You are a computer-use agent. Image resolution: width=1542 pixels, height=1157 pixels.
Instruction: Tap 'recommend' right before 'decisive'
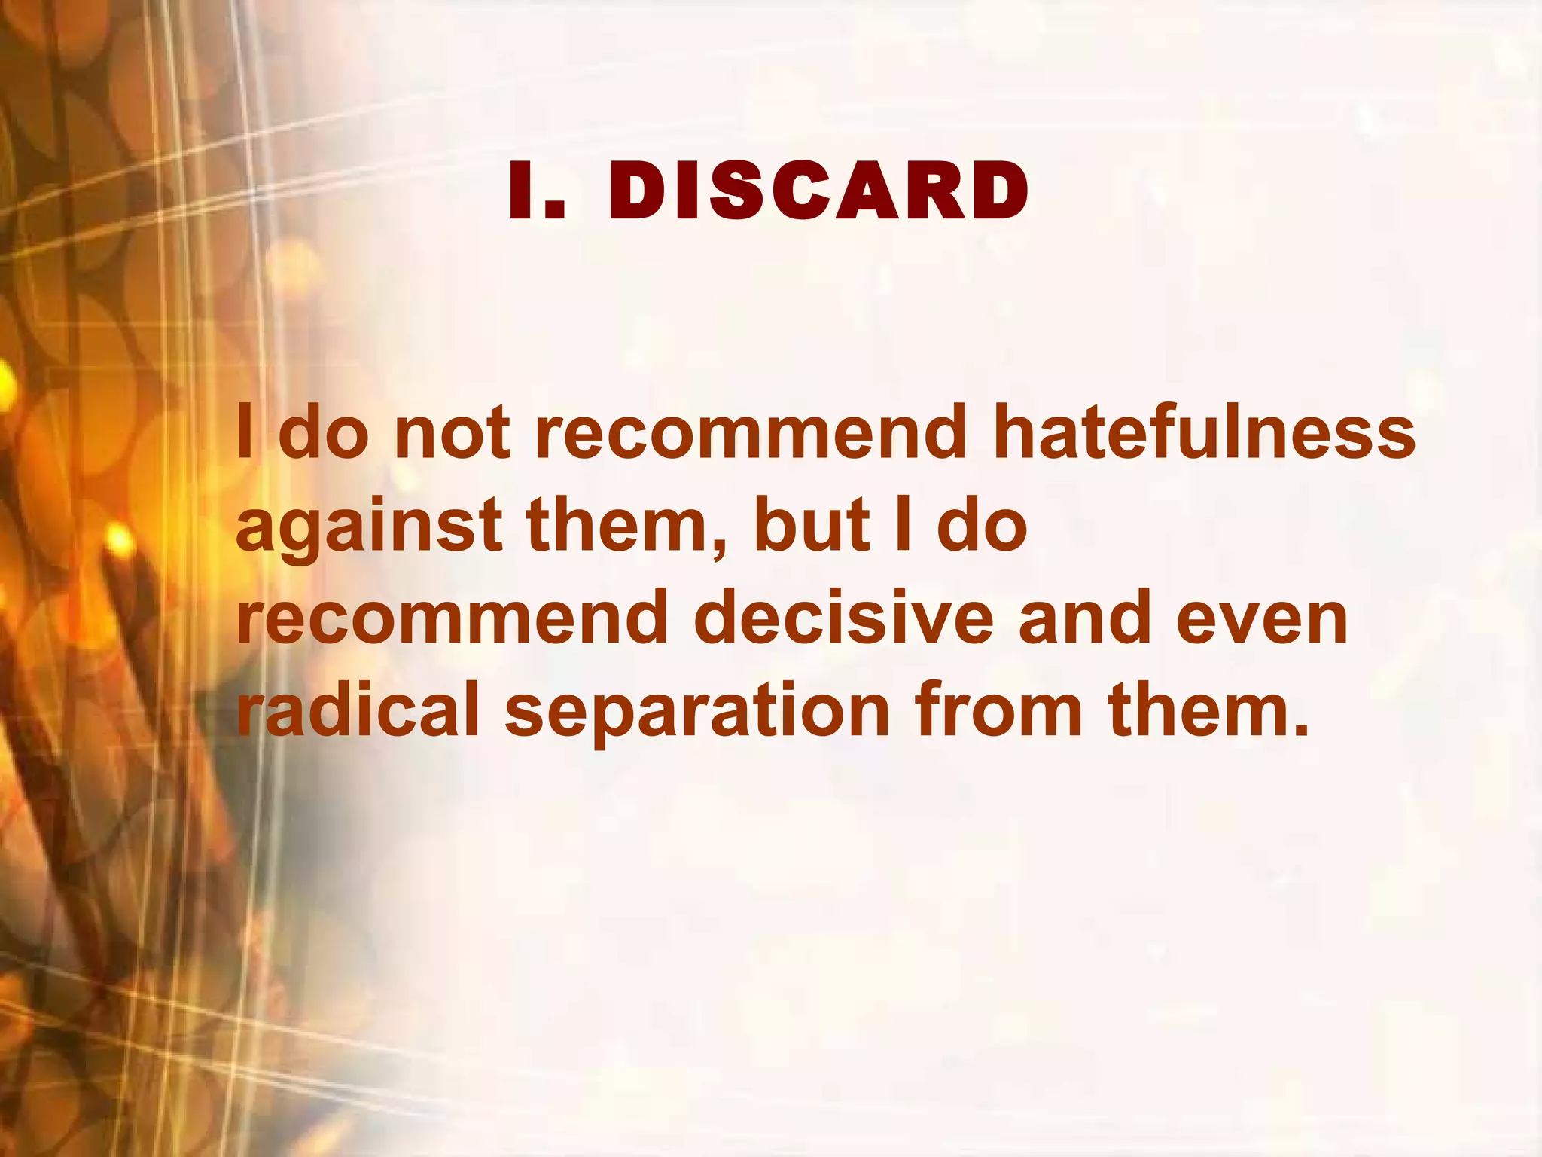(452, 619)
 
